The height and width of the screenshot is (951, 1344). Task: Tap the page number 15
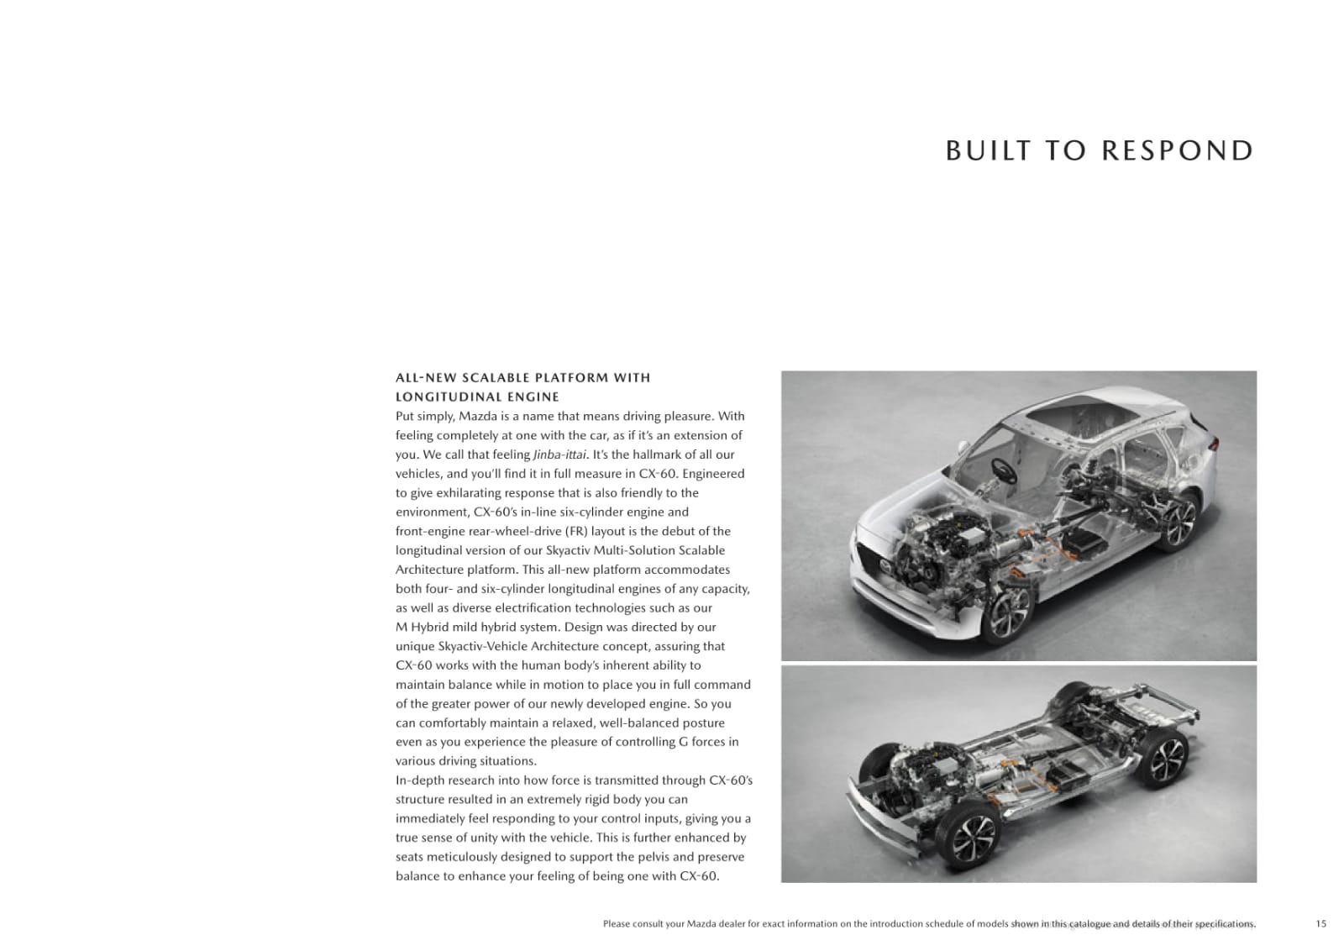(1321, 924)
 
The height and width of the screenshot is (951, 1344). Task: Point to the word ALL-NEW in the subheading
(426, 377)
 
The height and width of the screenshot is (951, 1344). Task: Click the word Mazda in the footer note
(702, 924)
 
